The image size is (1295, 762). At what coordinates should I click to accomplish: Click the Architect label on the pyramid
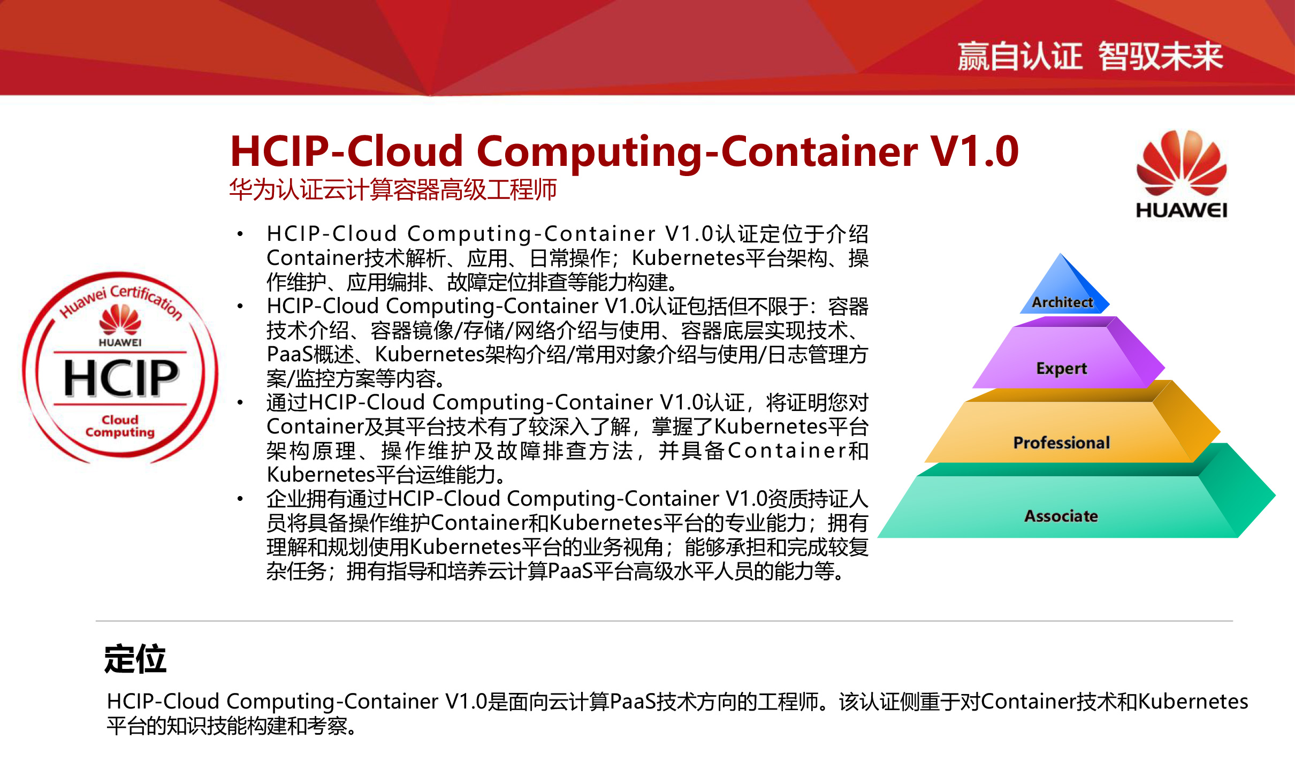click(x=1062, y=302)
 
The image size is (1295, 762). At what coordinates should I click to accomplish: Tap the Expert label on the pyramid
click(x=1062, y=369)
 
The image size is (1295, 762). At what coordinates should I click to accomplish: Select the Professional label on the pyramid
click(x=1062, y=443)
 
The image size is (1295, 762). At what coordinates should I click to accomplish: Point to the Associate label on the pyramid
click(x=1061, y=516)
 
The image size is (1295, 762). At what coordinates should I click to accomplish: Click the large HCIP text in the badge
click(x=121, y=378)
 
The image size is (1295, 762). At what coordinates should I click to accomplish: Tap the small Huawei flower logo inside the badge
click(x=120, y=319)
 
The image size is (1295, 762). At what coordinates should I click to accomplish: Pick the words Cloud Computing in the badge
click(x=120, y=426)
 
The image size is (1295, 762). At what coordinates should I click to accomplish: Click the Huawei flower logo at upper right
click(x=1182, y=163)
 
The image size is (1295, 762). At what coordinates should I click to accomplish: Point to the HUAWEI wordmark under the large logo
click(x=1182, y=210)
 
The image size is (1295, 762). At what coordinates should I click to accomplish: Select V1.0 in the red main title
click(x=974, y=151)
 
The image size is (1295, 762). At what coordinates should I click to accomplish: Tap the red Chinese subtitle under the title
click(x=393, y=189)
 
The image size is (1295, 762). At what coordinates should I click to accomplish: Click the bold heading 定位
click(x=135, y=659)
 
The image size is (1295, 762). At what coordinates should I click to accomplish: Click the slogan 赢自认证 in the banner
click(x=1020, y=56)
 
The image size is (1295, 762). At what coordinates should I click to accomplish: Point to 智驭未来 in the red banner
click(x=1161, y=56)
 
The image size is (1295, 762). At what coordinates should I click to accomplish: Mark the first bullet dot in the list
click(x=240, y=234)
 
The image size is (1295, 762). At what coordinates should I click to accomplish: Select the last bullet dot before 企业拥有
click(x=240, y=499)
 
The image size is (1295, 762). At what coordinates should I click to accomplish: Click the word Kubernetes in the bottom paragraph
click(x=1193, y=702)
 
